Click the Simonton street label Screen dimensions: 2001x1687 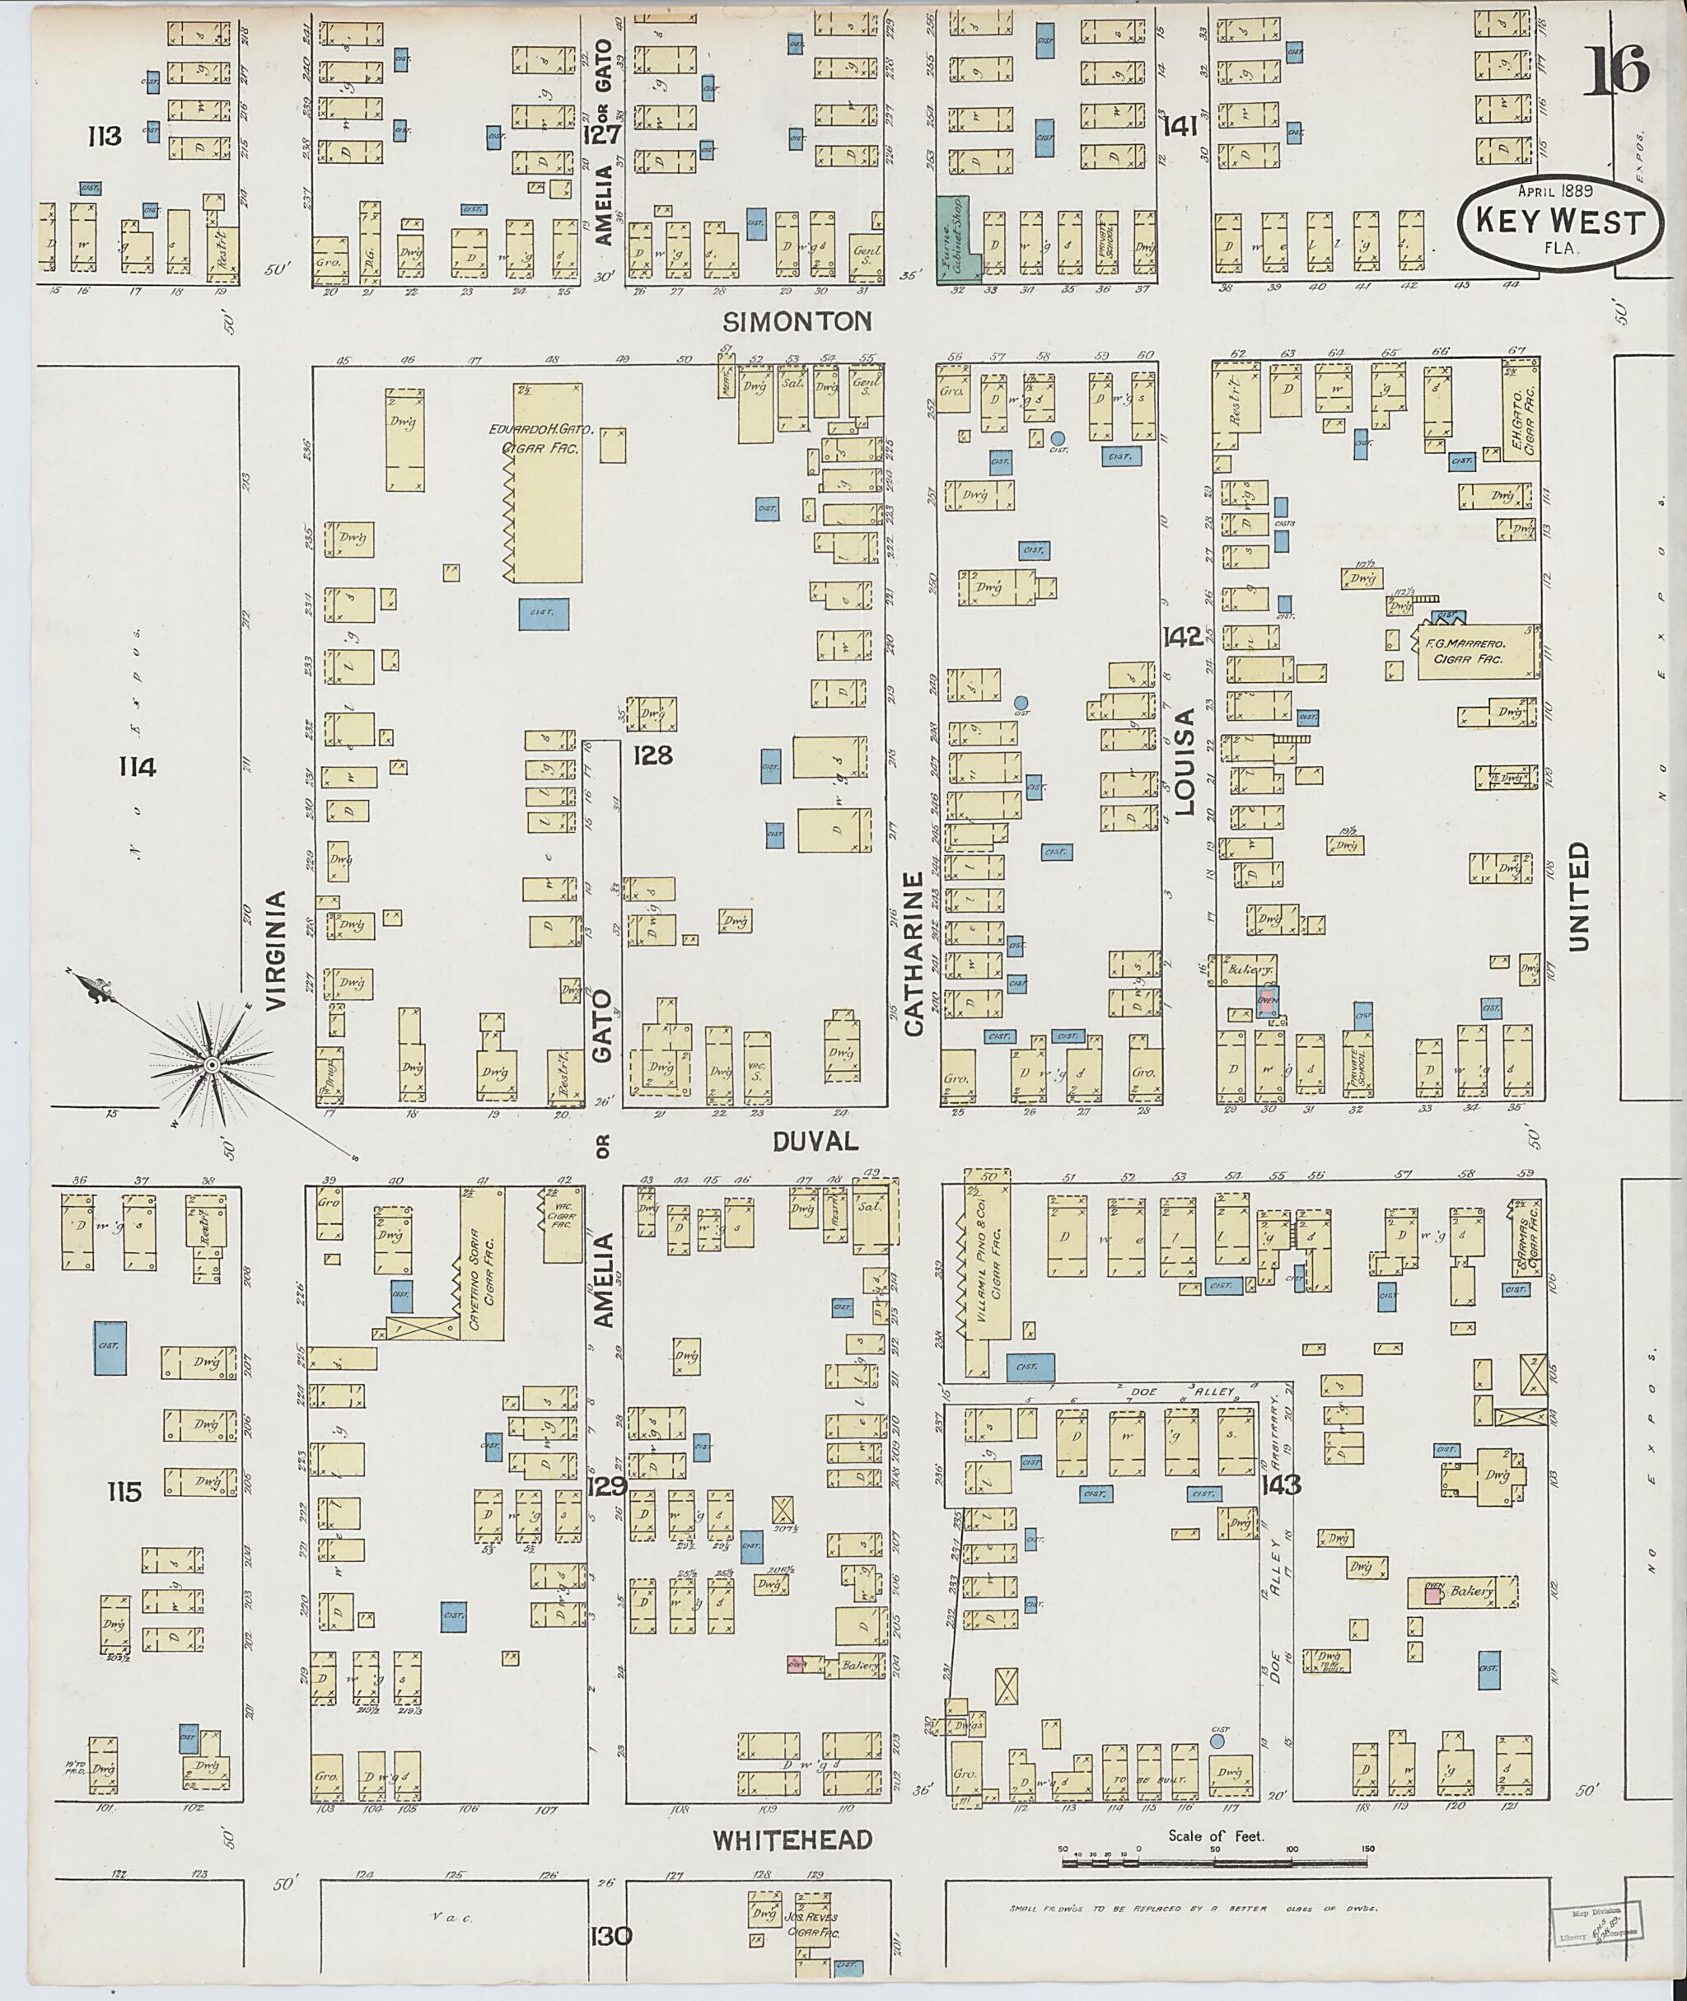[x=797, y=321]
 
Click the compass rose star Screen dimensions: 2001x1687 [x=209, y=1064]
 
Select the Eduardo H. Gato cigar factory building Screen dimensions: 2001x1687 [x=546, y=483]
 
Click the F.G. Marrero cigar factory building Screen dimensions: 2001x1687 [x=1475, y=652]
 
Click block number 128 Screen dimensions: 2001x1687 [x=653, y=755]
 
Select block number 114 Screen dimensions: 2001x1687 [x=137, y=766]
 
